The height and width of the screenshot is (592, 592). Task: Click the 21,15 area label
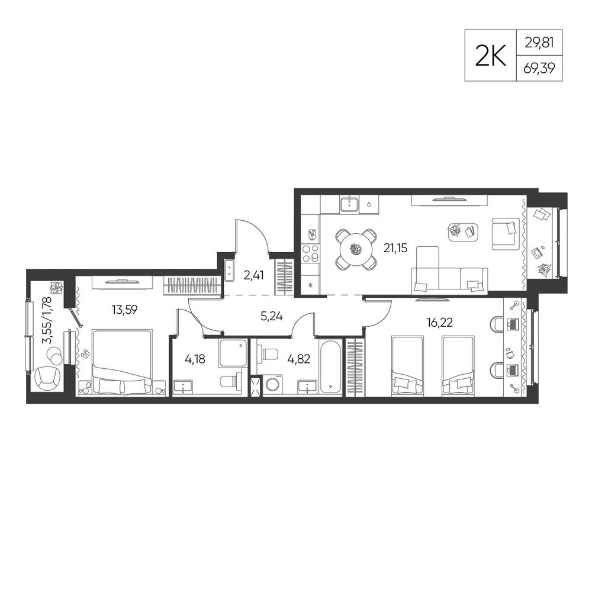point(395,248)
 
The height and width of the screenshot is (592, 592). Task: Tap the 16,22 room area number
point(440,323)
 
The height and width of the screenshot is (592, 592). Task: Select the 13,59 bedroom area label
point(124,310)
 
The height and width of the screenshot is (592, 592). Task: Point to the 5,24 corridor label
point(272,316)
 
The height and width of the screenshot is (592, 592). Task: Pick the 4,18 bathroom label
point(195,359)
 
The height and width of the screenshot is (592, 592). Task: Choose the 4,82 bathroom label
point(298,359)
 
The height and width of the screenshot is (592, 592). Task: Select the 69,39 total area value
point(539,69)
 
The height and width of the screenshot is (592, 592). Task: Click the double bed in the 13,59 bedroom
point(123,363)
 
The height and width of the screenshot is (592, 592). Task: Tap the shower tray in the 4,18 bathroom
point(233,353)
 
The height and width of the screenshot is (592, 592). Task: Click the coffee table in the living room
point(463,231)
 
